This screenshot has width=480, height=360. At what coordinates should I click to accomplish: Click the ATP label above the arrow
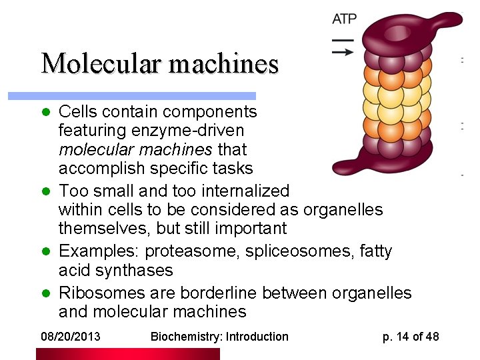(344, 19)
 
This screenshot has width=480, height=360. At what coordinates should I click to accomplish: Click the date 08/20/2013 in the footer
(70, 337)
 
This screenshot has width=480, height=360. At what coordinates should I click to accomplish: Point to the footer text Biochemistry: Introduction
(219, 337)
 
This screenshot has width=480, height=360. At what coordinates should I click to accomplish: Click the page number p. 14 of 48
(411, 337)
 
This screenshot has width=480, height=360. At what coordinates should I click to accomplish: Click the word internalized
(241, 191)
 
